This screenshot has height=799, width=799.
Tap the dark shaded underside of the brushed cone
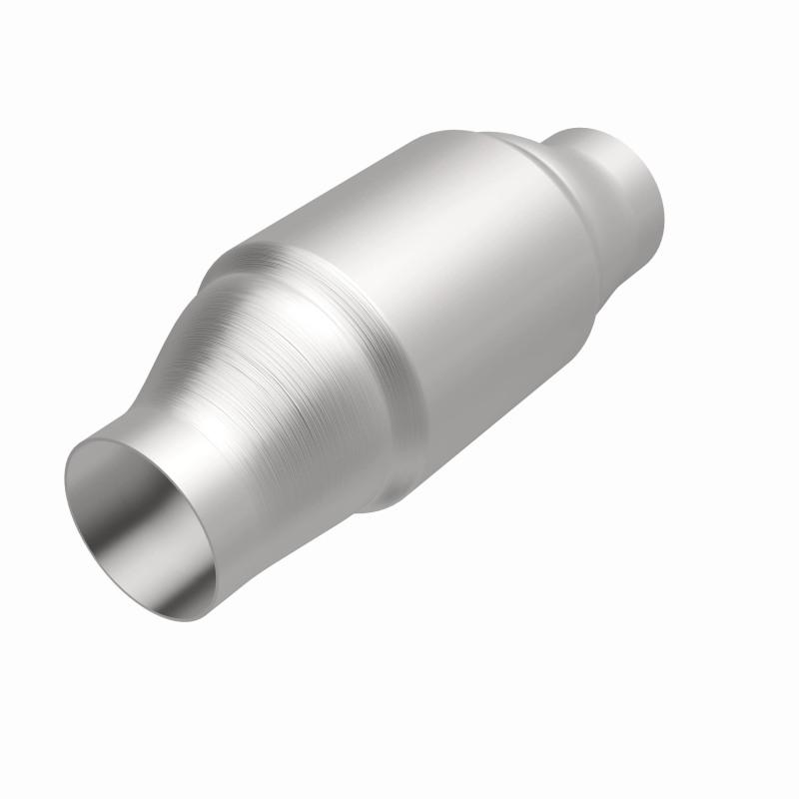point(330,479)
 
